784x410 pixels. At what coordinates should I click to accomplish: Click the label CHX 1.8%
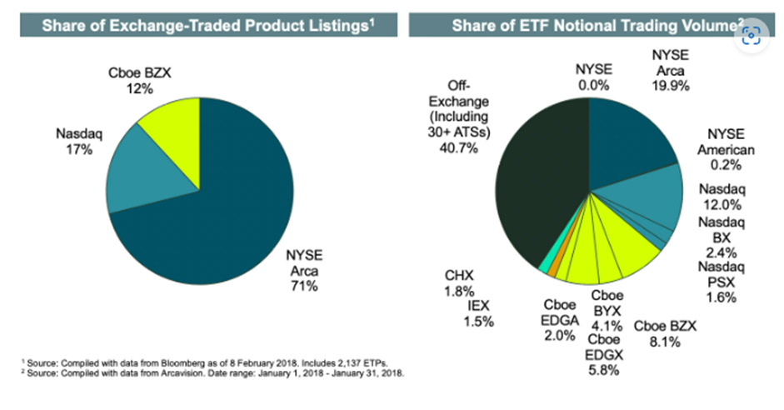[x=459, y=283]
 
